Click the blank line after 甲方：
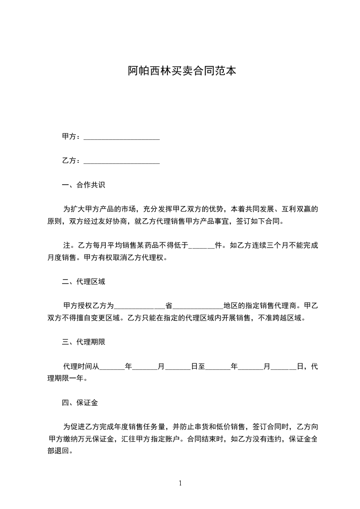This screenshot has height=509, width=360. tap(122, 137)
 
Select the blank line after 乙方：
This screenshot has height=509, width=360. tap(122, 161)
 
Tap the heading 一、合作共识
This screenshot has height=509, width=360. tap(84, 185)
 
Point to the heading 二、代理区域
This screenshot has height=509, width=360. tap(84, 282)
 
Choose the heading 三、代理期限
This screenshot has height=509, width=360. tap(84, 342)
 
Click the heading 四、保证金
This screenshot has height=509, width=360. tap(80, 402)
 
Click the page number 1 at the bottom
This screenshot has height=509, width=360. tap(180, 484)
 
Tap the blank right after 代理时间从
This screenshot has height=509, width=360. tap(112, 367)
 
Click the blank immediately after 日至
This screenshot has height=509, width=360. tap(218, 367)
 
